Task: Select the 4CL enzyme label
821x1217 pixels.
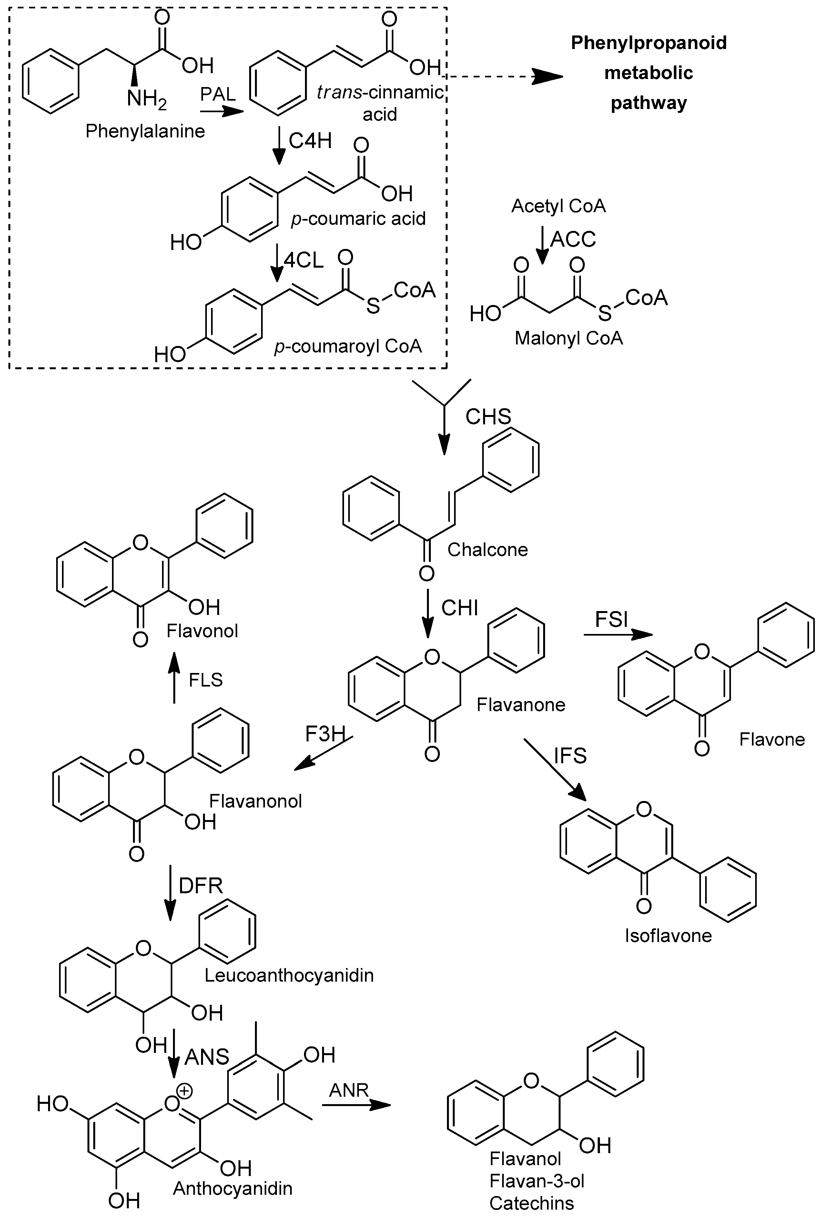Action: pos(304,260)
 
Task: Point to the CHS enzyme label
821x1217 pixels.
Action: pos(488,417)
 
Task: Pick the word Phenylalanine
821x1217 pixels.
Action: pos(145,131)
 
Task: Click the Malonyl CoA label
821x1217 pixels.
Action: pos(569,338)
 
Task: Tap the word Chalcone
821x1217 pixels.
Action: pos(487,550)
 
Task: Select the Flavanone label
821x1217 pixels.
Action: pos(521,705)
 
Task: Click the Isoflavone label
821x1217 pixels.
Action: pos(668,935)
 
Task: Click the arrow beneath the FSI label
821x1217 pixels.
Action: pos(618,635)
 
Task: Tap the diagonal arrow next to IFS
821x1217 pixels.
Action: pos(555,769)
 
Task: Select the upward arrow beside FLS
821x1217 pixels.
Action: pos(174,678)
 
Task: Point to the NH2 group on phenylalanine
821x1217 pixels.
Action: pos(147,98)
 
